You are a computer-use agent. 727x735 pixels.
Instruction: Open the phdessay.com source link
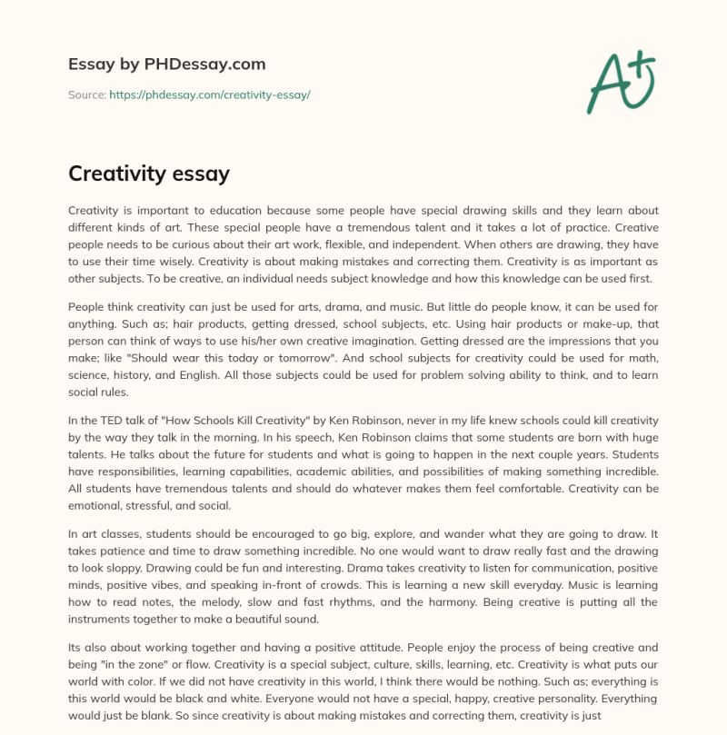click(x=209, y=94)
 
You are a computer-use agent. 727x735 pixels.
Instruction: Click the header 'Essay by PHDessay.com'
click(x=166, y=65)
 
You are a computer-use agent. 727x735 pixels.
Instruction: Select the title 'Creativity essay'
click(x=149, y=173)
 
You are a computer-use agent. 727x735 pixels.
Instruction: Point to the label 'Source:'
click(x=86, y=94)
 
